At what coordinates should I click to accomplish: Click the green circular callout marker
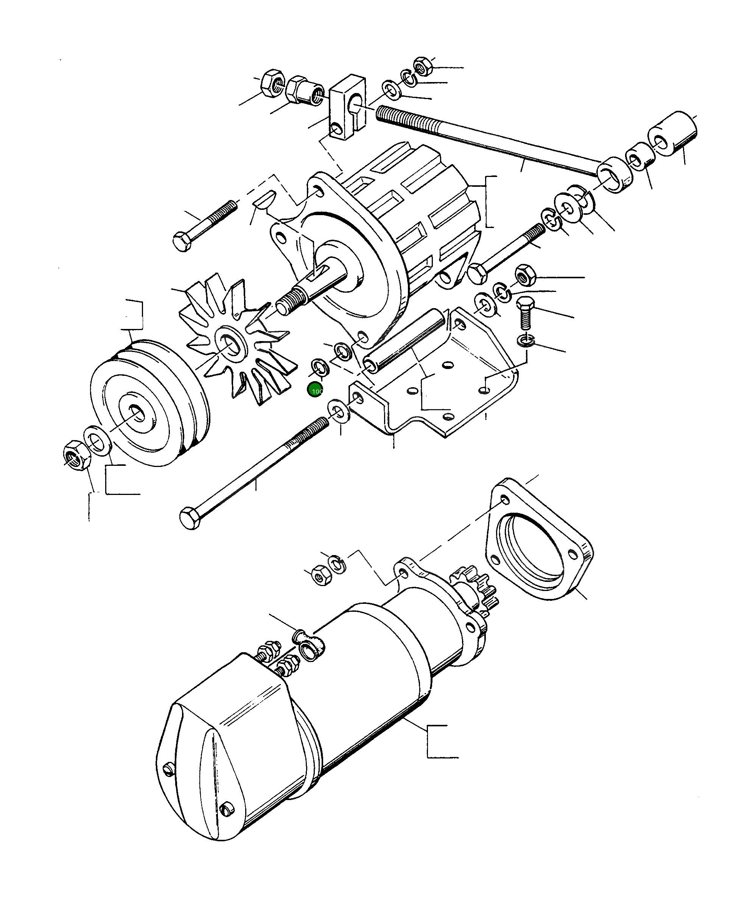tap(315, 390)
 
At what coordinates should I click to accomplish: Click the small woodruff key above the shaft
tap(263, 200)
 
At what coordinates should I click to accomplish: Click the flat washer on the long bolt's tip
tap(339, 411)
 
